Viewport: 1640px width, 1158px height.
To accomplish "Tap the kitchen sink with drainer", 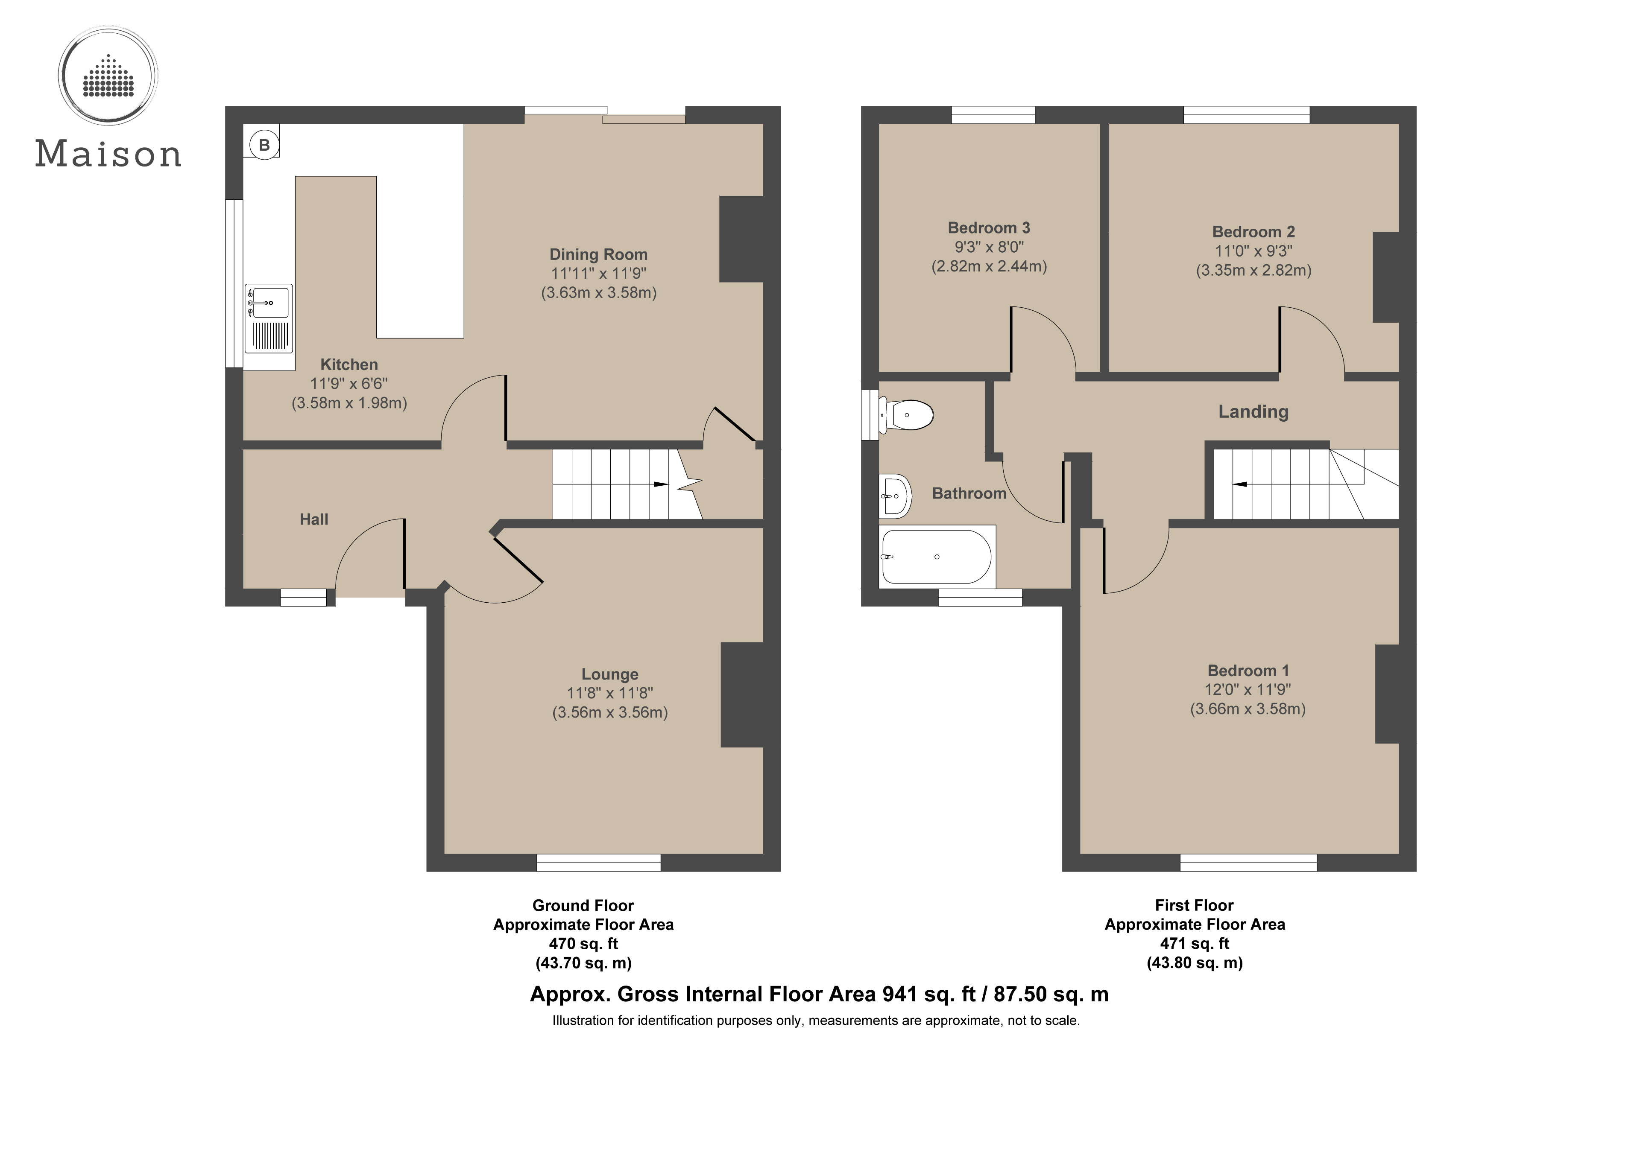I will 269,318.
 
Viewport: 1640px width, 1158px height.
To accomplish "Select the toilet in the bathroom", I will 908,415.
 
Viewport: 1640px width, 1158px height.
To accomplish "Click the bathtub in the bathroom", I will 937,557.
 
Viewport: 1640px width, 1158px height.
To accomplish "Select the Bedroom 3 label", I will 989,228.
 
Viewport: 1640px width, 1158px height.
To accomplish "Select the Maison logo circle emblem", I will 108,75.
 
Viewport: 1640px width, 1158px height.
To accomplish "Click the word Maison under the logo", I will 108,154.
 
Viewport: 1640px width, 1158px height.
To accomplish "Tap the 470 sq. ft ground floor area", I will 583,943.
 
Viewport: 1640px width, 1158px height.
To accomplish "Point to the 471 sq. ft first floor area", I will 1194,943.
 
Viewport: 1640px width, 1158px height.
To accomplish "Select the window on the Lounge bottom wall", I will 599,863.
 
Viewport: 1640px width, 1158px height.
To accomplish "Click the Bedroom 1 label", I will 1248,671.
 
